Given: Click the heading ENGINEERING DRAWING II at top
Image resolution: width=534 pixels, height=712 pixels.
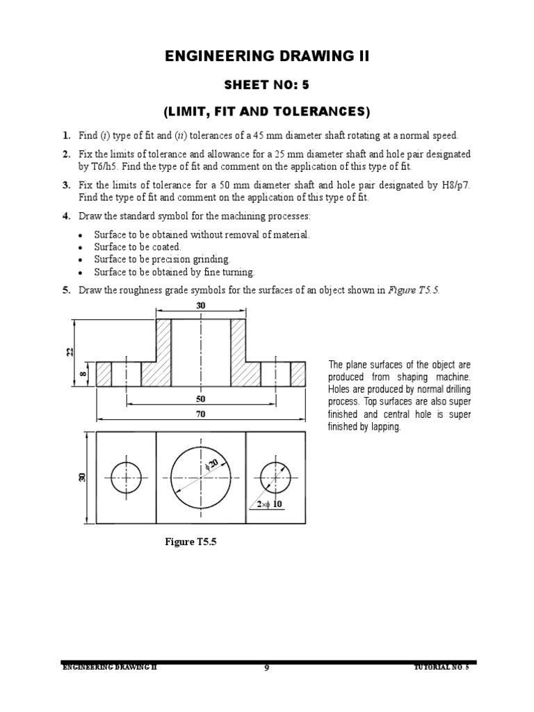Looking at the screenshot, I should (x=267, y=57).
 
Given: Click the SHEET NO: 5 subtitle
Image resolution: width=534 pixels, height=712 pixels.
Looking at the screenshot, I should (x=267, y=85).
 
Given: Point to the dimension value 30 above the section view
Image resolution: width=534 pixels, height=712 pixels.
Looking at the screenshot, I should (x=201, y=306).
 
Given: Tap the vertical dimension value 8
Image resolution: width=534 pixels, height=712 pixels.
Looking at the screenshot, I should (x=83, y=375).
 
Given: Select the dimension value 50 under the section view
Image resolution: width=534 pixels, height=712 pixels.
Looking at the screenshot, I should (x=201, y=400).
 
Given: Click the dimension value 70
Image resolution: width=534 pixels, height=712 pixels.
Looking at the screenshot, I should (x=201, y=414).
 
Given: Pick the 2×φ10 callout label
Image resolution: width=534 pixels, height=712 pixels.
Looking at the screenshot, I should (x=270, y=504).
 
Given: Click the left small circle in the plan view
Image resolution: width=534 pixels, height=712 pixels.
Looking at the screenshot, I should (x=126, y=478).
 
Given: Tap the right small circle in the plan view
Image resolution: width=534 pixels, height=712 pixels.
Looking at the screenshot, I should (x=276, y=478).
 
